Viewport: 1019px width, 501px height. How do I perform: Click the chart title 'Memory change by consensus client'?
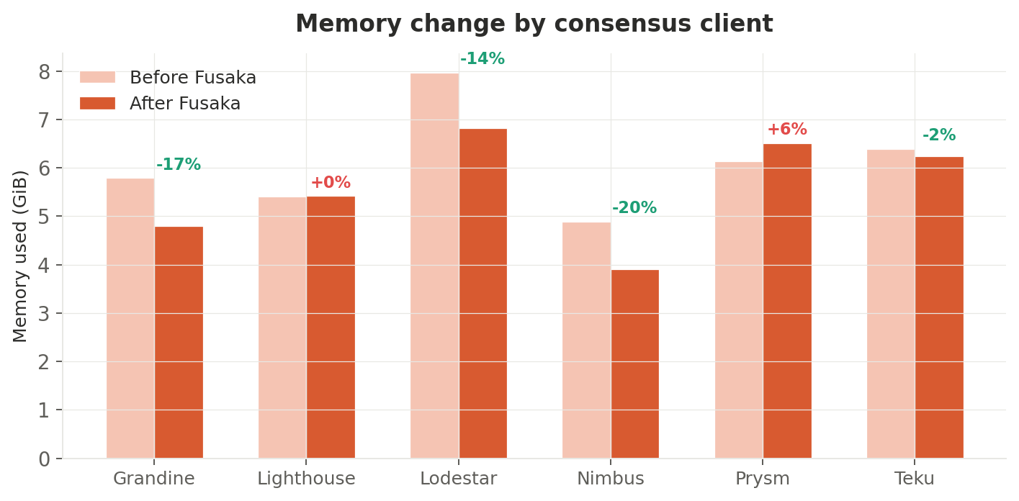[534, 24]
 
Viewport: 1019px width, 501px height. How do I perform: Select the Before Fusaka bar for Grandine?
[130, 318]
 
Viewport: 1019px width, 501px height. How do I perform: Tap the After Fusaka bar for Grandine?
[179, 343]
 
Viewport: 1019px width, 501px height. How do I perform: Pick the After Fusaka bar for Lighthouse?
[331, 328]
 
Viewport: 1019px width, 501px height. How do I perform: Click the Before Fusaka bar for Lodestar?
[434, 266]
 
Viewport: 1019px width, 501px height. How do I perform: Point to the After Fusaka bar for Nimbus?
[634, 364]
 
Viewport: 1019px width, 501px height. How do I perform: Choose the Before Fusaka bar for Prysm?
[739, 310]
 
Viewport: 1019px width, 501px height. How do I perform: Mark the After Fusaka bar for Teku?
[939, 307]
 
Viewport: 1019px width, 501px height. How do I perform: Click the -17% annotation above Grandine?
[179, 165]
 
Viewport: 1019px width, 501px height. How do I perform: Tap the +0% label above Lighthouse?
[331, 183]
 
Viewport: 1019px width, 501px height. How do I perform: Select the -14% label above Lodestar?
[482, 59]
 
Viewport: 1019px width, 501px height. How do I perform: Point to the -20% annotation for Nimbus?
[634, 208]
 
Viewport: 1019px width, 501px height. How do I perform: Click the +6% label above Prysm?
[787, 130]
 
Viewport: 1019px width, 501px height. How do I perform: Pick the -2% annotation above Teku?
[939, 135]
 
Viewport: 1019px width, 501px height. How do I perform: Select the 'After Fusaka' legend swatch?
[97, 104]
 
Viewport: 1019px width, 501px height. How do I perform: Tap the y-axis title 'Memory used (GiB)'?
[20, 256]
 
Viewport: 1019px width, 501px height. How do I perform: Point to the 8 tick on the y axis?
[45, 72]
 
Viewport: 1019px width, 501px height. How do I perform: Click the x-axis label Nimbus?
[611, 479]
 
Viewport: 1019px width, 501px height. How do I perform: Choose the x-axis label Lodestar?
[458, 479]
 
